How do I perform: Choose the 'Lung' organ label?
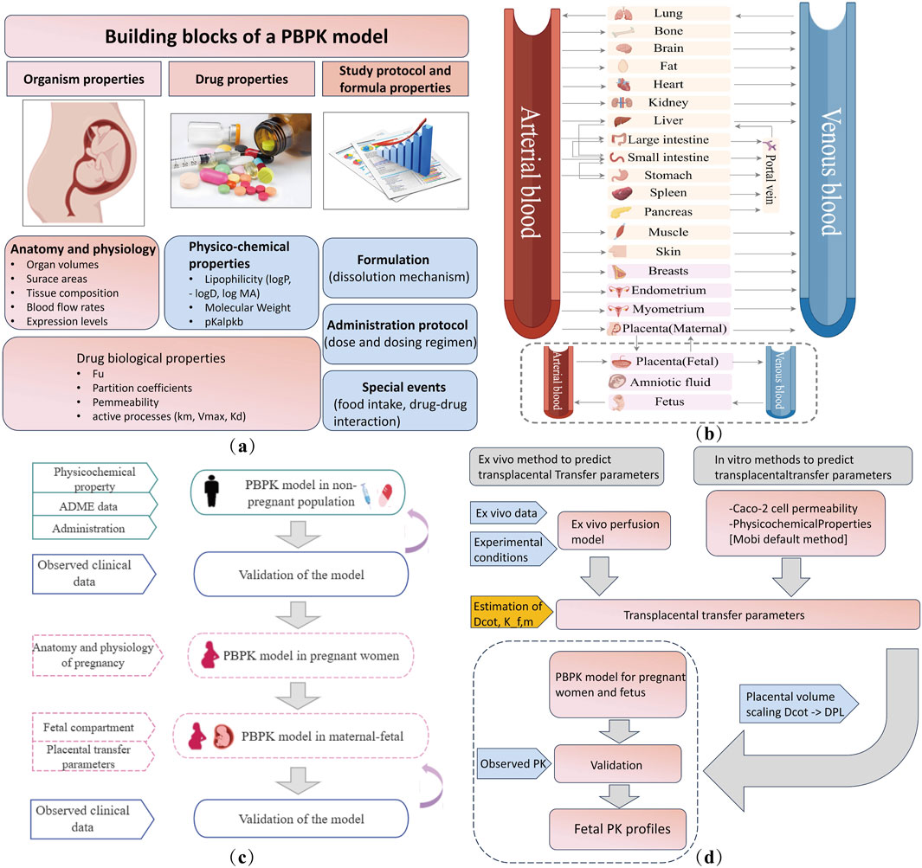(x=669, y=14)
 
